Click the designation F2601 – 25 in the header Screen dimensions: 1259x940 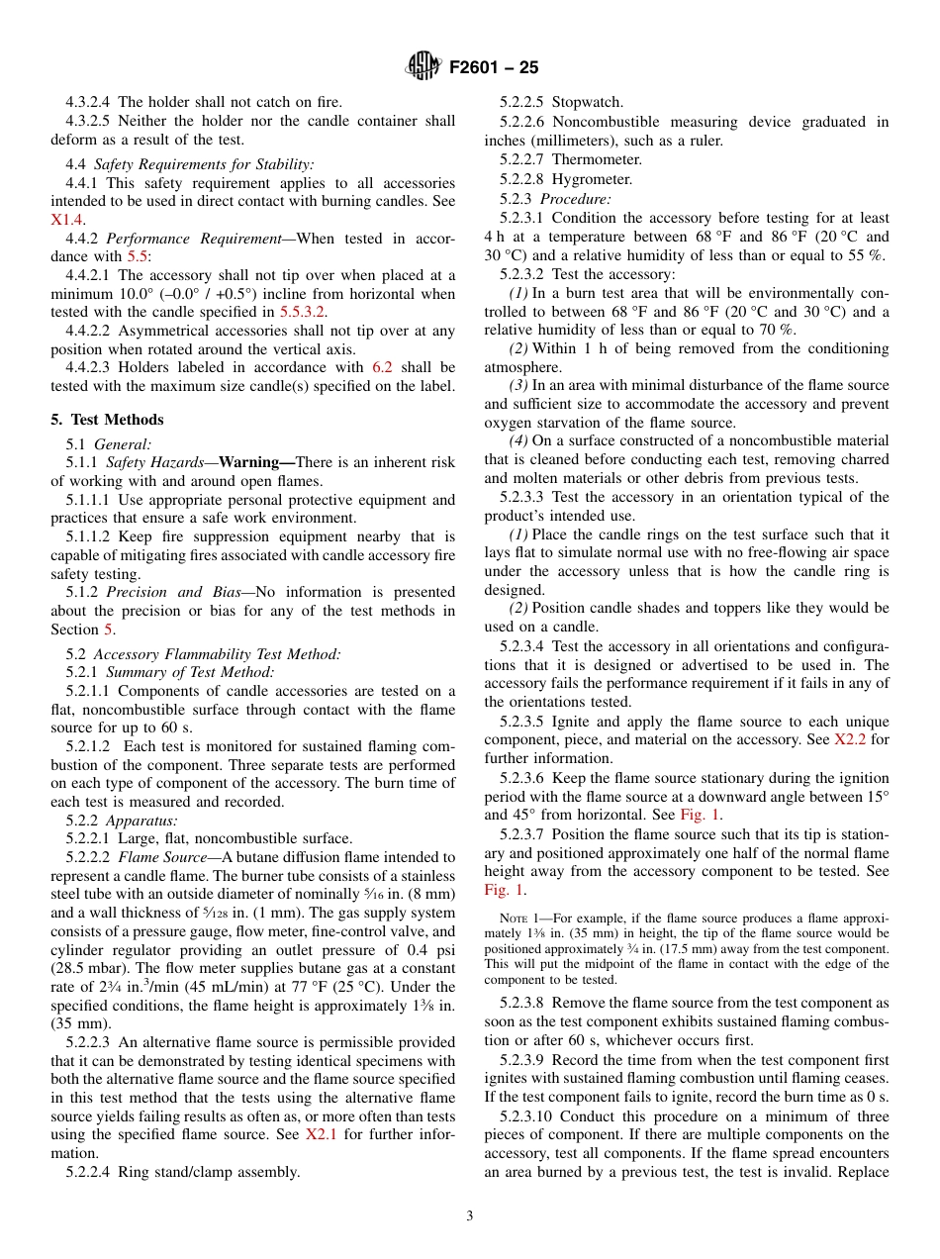pos(494,68)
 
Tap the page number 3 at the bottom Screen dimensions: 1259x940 pos(470,1216)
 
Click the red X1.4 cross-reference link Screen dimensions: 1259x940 pos(67,220)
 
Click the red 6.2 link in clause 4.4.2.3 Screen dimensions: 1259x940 pos(381,367)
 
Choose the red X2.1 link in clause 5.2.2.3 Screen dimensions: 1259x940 pos(321,1135)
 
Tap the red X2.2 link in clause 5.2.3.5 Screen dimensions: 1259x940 pos(848,739)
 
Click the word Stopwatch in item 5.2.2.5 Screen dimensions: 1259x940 pos(588,102)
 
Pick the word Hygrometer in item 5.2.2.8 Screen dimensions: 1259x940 pos(592,179)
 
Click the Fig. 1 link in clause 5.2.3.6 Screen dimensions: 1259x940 pos(700,815)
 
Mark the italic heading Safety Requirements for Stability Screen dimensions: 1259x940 pos(204,164)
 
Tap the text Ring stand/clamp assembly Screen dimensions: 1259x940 pos(208,1172)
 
